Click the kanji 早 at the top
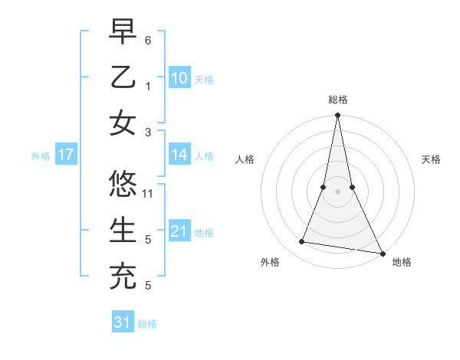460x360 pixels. coord(123,33)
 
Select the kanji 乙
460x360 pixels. coord(123,77)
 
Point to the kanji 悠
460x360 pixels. coord(123,185)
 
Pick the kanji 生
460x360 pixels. coord(123,230)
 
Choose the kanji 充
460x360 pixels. coord(123,276)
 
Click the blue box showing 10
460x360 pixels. coord(179,77)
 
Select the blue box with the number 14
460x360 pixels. coord(179,155)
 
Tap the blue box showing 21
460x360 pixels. coord(179,231)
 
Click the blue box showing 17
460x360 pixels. coord(65,155)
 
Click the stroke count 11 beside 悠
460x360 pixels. coord(149,193)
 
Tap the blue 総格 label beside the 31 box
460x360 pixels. coord(147,324)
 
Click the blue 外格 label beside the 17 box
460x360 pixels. coord(41,156)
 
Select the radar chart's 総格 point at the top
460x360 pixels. coord(337,116)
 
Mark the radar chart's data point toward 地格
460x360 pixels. coord(382,253)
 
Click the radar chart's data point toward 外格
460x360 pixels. coord(302,242)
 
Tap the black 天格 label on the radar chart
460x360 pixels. coord(432,159)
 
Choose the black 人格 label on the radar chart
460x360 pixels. coord(245,159)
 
